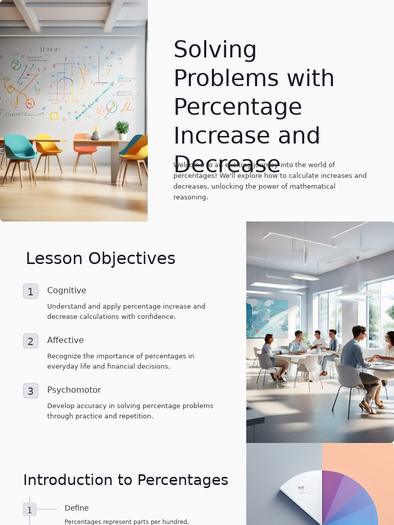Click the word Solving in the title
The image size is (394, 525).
[215, 50]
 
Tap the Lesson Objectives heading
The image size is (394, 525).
[101, 258]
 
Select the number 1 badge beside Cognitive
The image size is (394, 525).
[31, 291]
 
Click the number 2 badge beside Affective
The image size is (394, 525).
[31, 341]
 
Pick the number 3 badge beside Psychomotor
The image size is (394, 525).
[31, 391]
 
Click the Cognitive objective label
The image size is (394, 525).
[67, 290]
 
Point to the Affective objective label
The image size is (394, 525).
[65, 340]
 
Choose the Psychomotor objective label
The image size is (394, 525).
[74, 390]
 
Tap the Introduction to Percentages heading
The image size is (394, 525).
[126, 480]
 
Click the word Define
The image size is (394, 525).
[76, 508]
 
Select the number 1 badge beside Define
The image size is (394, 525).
[30, 510]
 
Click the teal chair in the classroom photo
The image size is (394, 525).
[19, 149]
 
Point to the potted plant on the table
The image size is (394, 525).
[122, 129]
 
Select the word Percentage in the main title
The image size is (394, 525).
[238, 107]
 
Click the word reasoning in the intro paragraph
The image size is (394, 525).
[190, 197]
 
